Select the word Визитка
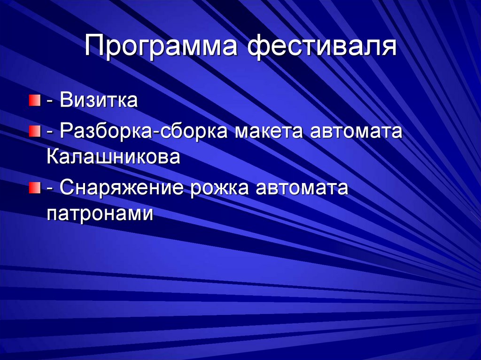point(99,101)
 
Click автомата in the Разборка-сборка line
point(356,131)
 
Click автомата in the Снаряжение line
point(302,189)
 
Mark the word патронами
point(101,214)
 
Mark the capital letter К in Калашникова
point(53,156)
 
